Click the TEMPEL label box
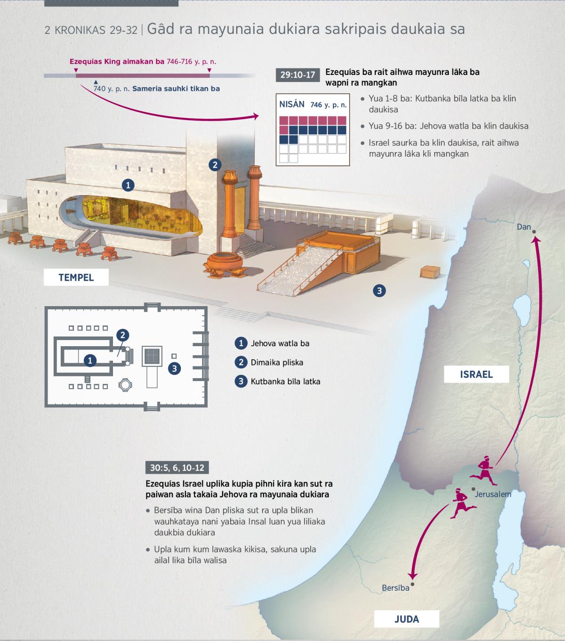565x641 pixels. coord(76,277)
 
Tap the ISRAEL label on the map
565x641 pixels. coord(476,374)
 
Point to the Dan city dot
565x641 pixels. coord(534,232)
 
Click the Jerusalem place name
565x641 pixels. coord(493,494)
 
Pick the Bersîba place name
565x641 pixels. coord(395,588)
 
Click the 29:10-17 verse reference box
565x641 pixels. coord(298,75)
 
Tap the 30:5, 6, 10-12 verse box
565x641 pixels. coord(177,468)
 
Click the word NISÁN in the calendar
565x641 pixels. coord(291,105)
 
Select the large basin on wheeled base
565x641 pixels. coord(225,265)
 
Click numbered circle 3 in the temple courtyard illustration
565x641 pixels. coord(379,291)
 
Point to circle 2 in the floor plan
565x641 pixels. coord(123,335)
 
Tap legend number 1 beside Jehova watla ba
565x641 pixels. coord(241,343)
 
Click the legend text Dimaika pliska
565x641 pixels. coord(277,362)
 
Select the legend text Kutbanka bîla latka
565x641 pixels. coord(285,381)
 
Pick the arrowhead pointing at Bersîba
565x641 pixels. coord(412,576)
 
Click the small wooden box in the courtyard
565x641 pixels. coord(430,272)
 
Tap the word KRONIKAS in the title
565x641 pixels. coord(80,30)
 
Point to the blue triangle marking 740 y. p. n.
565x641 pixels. coord(96,82)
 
